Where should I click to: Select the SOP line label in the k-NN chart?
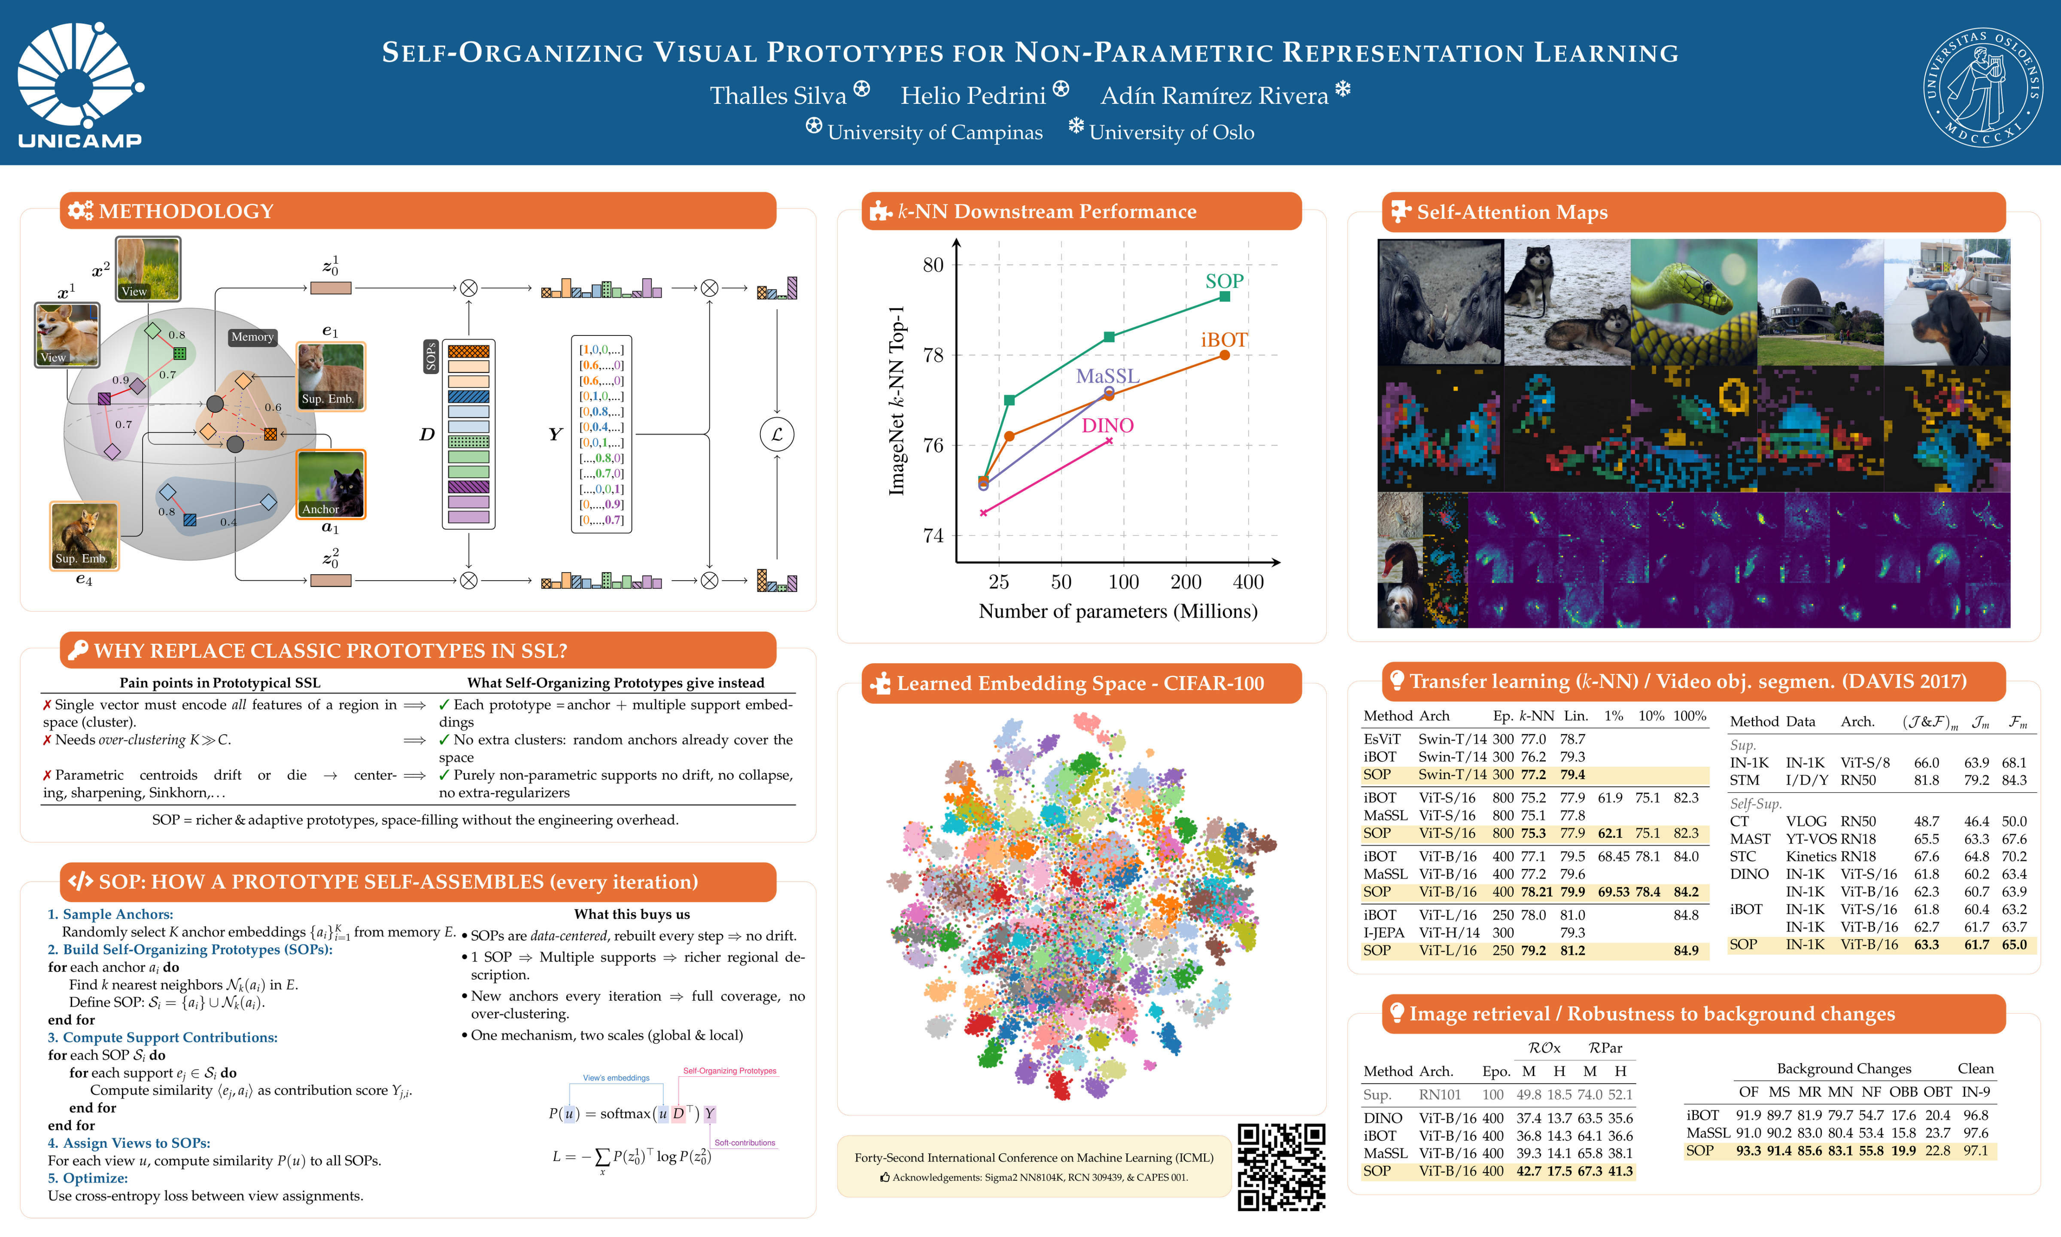point(1224,281)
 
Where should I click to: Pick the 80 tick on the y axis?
point(933,265)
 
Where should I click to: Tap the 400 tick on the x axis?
point(1248,582)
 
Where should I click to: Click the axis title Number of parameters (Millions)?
point(1117,611)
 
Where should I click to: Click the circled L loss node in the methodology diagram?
point(776,434)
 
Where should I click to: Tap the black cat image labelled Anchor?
point(331,484)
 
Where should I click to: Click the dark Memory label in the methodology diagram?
point(252,337)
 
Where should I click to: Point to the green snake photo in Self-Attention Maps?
point(1693,302)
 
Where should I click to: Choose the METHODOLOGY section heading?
point(186,211)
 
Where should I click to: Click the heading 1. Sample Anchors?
point(110,914)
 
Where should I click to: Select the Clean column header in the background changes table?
point(1975,1069)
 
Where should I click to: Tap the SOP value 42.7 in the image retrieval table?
point(1528,1171)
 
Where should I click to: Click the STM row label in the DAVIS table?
point(1745,780)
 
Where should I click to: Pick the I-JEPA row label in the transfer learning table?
point(1384,933)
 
